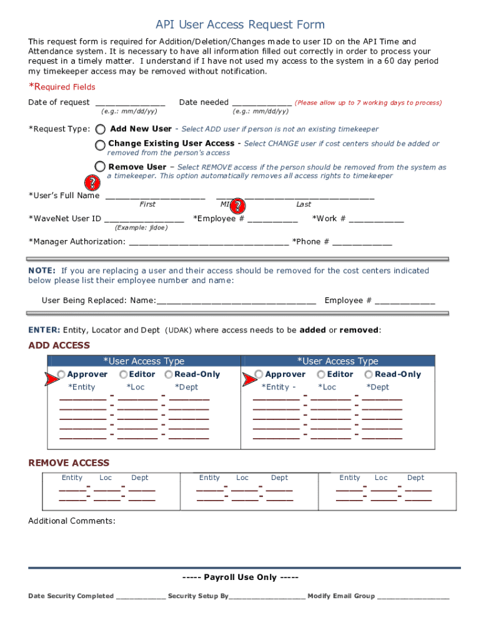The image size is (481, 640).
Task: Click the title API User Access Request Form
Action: [240, 25]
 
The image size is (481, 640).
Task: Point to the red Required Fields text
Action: [62, 87]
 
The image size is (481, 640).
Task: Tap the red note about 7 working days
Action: [368, 102]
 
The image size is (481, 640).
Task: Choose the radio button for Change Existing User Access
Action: [100, 145]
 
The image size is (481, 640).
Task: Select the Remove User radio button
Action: [100, 166]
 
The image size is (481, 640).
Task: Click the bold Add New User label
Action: [141, 129]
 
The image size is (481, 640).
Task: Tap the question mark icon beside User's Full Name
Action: [92, 183]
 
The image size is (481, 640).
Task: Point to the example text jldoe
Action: [141, 227]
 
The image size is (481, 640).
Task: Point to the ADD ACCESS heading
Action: [59, 346]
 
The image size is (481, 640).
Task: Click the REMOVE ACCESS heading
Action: [69, 463]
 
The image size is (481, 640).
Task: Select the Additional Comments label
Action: [72, 521]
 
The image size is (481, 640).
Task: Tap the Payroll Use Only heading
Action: [240, 577]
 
